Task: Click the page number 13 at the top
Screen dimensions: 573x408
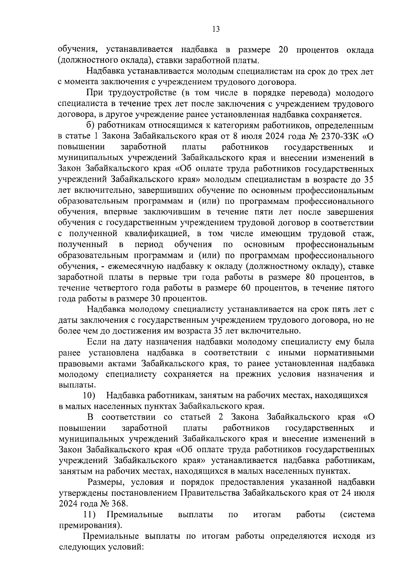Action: [x=216, y=29]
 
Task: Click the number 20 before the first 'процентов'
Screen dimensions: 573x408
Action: [x=283, y=50]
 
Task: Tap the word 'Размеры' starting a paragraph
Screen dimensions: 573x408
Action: [x=102, y=482]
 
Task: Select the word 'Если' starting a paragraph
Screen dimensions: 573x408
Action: [x=95, y=342]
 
